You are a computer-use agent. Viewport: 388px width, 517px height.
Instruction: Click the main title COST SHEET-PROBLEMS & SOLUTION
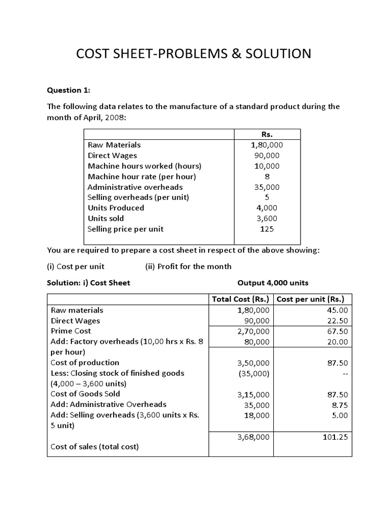(193, 54)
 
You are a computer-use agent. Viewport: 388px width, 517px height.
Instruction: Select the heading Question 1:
(69, 90)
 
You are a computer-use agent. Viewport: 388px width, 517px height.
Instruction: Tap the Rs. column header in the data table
(267, 134)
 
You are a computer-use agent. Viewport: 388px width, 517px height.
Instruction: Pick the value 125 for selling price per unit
(267, 229)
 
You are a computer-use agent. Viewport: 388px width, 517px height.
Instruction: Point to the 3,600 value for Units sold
(267, 218)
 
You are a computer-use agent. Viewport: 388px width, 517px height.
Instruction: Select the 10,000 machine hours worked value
(267, 166)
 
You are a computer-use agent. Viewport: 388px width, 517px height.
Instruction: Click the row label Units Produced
(116, 208)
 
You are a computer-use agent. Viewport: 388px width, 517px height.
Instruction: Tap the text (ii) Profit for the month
(188, 266)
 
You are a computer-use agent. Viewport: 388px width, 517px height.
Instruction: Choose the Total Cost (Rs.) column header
(241, 299)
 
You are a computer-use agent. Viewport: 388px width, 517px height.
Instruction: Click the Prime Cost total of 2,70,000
(254, 331)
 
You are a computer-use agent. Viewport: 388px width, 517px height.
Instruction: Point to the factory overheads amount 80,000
(257, 342)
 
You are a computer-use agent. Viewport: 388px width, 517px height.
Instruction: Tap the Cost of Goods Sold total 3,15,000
(254, 394)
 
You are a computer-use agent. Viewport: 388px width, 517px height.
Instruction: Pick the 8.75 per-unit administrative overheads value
(338, 405)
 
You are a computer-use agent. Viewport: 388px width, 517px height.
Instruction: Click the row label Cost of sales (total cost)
(94, 447)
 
